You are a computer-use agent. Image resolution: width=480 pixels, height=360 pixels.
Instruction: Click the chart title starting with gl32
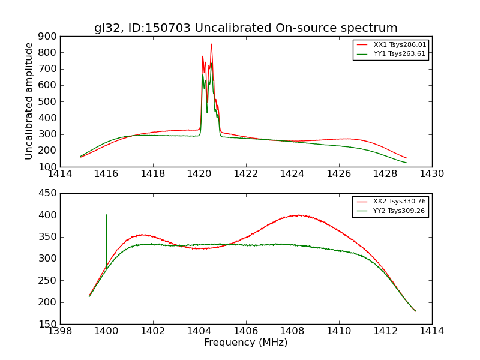(245, 28)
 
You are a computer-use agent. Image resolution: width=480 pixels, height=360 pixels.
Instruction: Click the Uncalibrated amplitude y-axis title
(29, 101)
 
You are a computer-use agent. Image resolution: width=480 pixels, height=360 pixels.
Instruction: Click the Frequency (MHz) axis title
(245, 343)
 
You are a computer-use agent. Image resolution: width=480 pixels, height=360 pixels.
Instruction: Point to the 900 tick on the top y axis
(49, 36)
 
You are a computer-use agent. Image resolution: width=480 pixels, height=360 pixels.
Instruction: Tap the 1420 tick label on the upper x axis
(199, 174)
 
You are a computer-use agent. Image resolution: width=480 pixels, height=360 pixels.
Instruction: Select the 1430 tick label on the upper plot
(431, 174)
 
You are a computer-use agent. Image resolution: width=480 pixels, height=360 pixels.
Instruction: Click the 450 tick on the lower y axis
(49, 193)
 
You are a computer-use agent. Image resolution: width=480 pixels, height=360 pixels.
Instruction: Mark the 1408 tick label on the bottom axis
(292, 331)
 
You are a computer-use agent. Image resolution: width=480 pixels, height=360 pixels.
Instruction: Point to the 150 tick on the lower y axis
(49, 324)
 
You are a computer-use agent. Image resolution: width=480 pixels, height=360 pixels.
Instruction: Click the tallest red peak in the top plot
(211, 44)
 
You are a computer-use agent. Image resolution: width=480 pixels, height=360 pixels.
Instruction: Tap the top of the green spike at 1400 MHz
(107, 215)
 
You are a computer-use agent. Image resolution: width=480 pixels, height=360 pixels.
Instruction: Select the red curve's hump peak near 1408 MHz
(298, 215)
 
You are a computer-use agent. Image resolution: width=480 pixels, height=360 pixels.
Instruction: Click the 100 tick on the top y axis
(49, 167)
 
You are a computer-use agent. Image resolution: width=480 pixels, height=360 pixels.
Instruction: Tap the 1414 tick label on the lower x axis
(431, 331)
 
